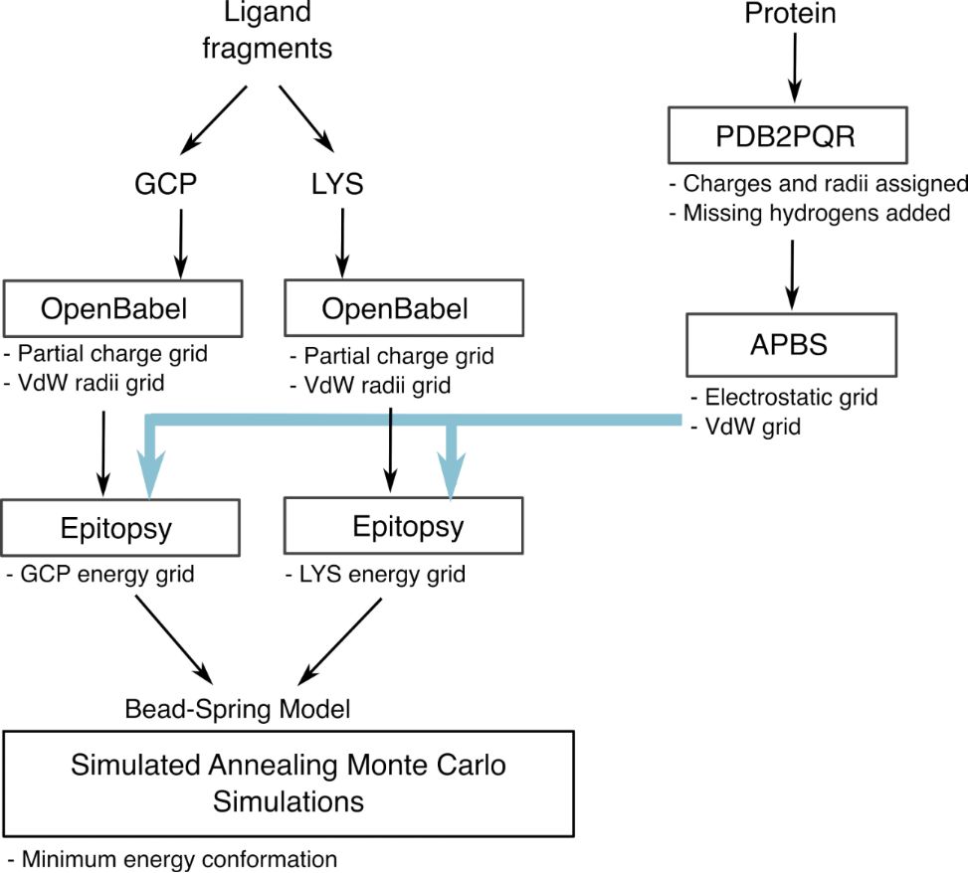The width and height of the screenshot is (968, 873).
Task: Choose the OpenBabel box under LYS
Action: coord(403,309)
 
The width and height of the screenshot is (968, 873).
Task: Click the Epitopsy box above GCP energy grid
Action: coord(121,526)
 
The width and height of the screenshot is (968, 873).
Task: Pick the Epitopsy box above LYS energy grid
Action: coord(403,526)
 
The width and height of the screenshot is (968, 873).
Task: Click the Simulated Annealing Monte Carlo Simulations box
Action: coord(288,783)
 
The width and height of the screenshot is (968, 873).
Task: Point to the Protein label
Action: coord(792,14)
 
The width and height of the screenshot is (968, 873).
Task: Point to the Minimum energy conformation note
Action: coord(171,858)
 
